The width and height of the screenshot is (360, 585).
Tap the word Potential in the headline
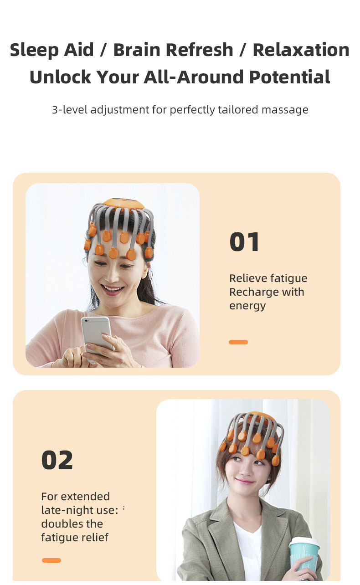[290, 77]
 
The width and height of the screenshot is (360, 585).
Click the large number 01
[245, 242]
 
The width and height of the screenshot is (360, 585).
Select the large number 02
[57, 460]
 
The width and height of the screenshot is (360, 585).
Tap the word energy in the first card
[247, 306]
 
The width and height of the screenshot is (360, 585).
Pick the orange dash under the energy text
[238, 342]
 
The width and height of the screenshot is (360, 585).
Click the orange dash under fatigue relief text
[51, 560]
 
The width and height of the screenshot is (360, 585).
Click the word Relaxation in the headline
[301, 50]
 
